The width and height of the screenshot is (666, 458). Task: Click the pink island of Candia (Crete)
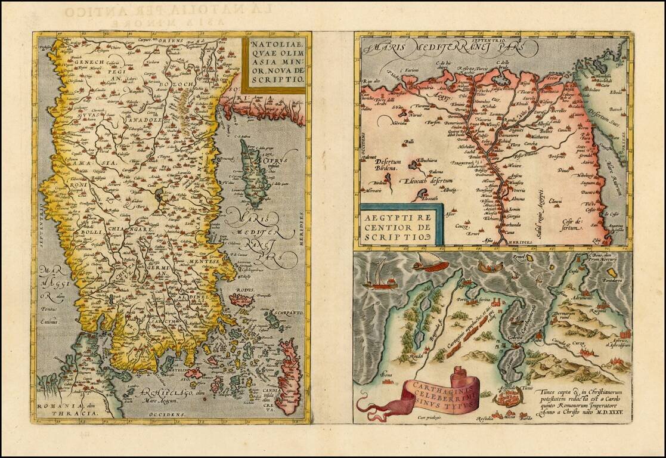pyautogui.click(x=288, y=375)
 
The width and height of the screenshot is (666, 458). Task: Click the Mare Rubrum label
pyautogui.click(x=618, y=173)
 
